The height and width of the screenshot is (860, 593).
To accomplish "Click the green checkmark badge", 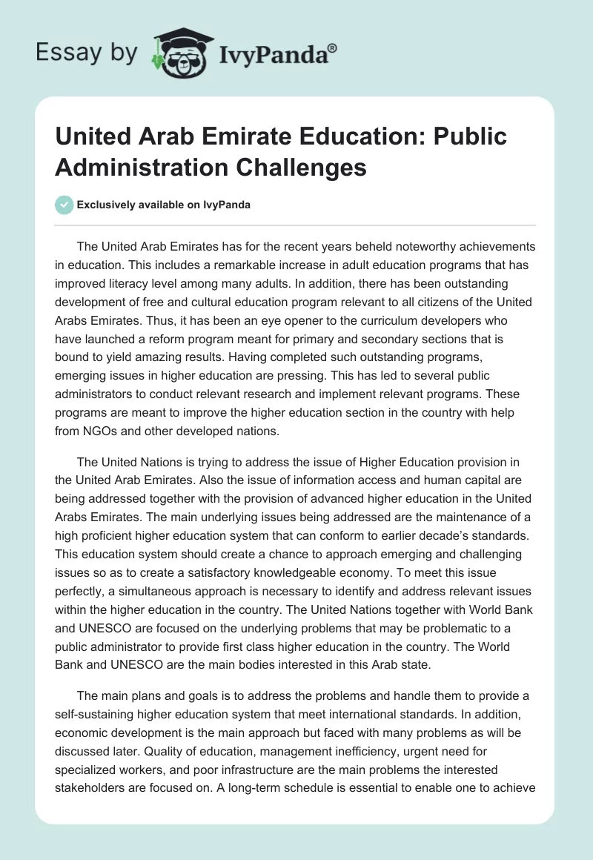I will click(x=64, y=205).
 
